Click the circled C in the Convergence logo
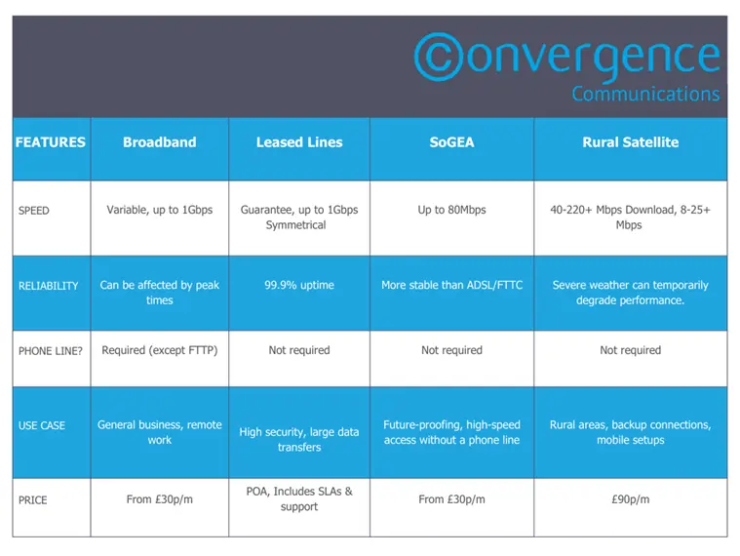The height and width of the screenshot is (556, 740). pyautogui.click(x=439, y=57)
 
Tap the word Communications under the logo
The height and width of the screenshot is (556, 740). pyautogui.click(x=645, y=94)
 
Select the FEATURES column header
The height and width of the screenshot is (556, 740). pyautogui.click(x=51, y=142)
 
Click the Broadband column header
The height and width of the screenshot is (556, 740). pyautogui.click(x=160, y=142)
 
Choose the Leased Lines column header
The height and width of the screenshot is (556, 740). pyautogui.click(x=299, y=142)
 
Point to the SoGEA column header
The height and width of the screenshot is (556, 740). pyautogui.click(x=451, y=142)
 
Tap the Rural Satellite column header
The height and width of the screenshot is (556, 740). pyautogui.click(x=631, y=142)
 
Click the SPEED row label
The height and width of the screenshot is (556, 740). pyautogui.click(x=33, y=211)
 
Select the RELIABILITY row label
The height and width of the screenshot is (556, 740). pyautogui.click(x=48, y=286)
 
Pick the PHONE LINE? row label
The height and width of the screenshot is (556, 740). pyautogui.click(x=50, y=351)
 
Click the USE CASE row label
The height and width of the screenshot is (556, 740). pyautogui.click(x=42, y=425)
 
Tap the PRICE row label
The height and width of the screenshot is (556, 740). pyautogui.click(x=32, y=499)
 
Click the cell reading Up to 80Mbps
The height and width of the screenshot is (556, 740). pyautogui.click(x=451, y=210)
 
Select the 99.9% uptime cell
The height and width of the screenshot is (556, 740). pyautogui.click(x=299, y=285)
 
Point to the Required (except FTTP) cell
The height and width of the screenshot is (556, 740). pyautogui.click(x=160, y=350)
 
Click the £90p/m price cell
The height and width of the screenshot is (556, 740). pyautogui.click(x=631, y=498)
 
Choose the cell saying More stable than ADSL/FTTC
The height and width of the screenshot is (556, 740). pyautogui.click(x=451, y=285)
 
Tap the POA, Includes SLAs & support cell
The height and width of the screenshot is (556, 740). pyautogui.click(x=299, y=498)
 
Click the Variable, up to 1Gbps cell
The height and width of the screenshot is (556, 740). pyautogui.click(x=160, y=210)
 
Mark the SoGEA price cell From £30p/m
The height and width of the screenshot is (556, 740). pyautogui.click(x=451, y=498)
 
